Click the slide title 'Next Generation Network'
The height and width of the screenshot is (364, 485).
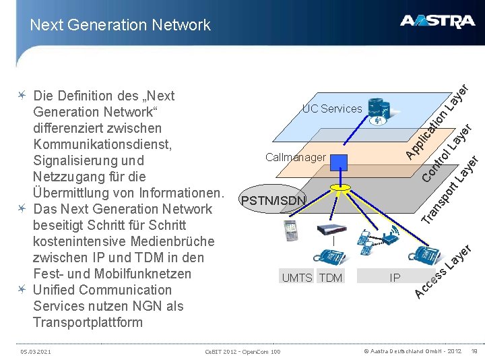pos(120,25)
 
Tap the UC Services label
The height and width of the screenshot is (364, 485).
pos(331,109)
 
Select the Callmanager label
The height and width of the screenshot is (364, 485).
pos(295,157)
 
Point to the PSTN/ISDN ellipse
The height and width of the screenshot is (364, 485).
pos(273,200)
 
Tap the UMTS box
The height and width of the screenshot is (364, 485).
pos(296,278)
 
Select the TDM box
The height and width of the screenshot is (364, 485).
pos(330,278)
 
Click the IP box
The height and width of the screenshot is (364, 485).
pos(395,277)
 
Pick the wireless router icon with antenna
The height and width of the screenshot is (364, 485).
pos(390,235)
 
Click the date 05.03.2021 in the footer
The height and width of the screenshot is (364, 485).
pos(36,351)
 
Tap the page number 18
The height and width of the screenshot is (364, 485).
pos(474,351)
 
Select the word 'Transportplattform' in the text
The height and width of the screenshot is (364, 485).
pos(88,322)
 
